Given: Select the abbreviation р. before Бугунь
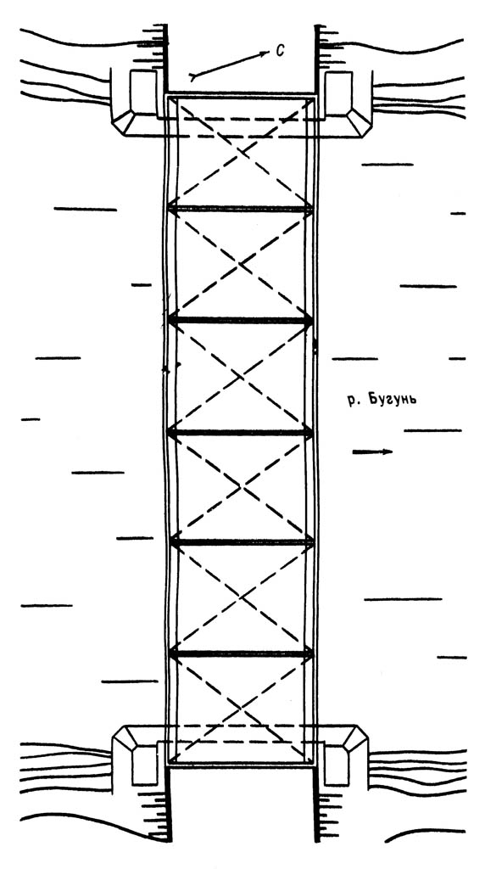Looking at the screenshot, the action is coord(354,401).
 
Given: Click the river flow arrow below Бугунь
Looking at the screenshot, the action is coord(372,451).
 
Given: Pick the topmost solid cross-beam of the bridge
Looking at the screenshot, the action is coord(240,209).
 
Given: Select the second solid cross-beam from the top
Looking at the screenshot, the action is coord(240,320).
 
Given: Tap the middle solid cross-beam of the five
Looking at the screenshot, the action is coord(240,432).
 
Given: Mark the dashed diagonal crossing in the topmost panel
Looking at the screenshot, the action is coord(241,153).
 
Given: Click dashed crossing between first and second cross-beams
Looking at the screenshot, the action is coord(241,265).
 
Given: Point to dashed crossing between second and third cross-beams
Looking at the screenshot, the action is coord(241,376).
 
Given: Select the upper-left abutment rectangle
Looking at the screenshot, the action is coord(142,93).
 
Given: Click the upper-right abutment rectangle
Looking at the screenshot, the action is coord(338,93).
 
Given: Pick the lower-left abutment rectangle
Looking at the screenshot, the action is coord(145,765).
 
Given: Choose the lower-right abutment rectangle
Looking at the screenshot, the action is coord(337,765).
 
